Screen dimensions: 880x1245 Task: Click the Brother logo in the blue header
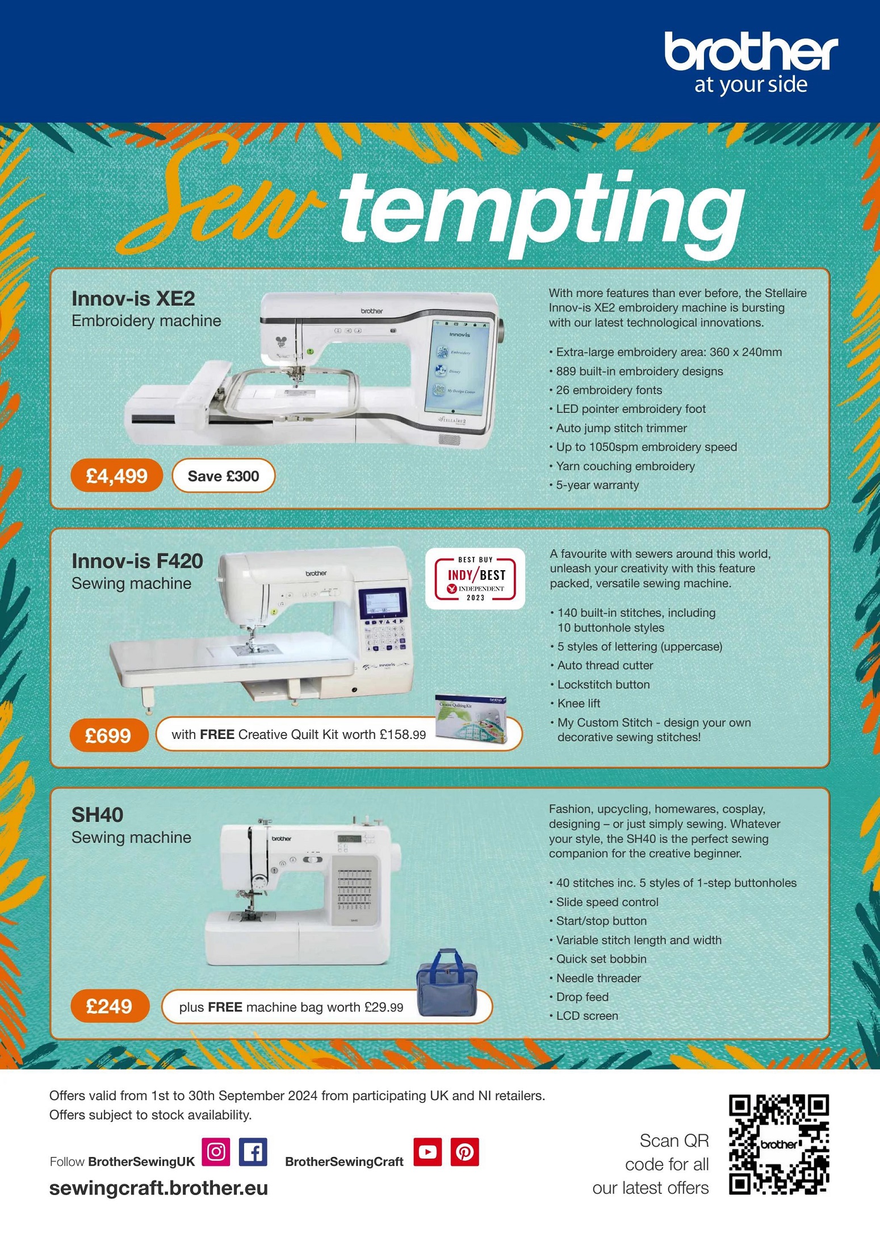(x=751, y=62)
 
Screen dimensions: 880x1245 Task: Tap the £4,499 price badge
(x=116, y=475)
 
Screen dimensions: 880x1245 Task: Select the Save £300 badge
(x=223, y=475)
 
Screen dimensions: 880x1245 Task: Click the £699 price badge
(x=108, y=735)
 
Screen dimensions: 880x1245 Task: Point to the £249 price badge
(x=110, y=1006)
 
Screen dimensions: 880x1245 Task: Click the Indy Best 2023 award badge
(x=475, y=579)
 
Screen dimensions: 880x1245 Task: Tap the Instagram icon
(x=216, y=1151)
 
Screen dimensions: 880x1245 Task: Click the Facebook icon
(x=253, y=1151)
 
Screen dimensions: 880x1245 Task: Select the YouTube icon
(x=428, y=1151)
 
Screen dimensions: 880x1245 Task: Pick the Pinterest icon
(x=465, y=1151)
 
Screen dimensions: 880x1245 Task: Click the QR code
(x=779, y=1144)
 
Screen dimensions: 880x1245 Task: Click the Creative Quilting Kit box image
(x=471, y=718)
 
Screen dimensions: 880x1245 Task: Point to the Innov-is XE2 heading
(x=133, y=298)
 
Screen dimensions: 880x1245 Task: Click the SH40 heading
(x=97, y=814)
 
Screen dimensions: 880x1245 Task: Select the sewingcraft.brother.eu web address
(x=158, y=1188)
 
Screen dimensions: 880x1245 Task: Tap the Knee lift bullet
(x=575, y=703)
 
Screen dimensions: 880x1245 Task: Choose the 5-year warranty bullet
(x=594, y=485)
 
